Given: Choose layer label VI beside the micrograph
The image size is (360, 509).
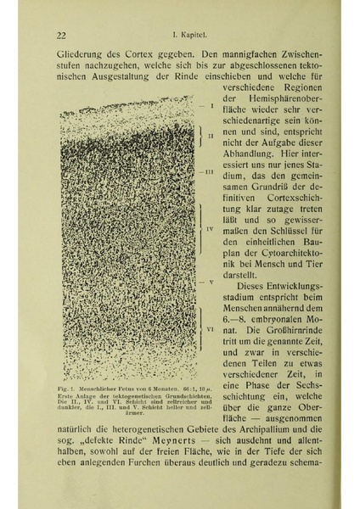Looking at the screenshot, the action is pyautogui.click(x=209, y=327).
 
